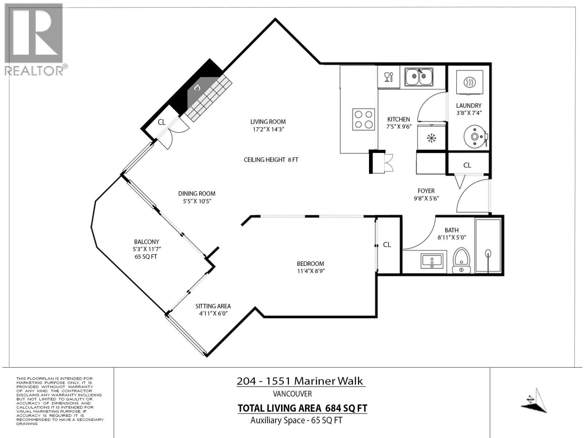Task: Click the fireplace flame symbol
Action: click(197, 88)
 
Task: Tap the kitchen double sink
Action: click(419, 77)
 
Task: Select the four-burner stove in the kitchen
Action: click(364, 119)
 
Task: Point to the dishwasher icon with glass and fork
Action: click(389, 77)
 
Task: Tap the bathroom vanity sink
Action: click(432, 261)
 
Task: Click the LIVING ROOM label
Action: click(268, 122)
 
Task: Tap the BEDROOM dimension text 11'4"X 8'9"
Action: click(311, 271)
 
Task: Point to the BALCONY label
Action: click(146, 242)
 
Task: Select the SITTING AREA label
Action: click(213, 306)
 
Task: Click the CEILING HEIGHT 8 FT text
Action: click(271, 160)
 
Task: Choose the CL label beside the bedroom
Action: click(387, 245)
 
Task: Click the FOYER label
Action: click(426, 191)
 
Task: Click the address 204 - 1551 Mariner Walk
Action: click(300, 381)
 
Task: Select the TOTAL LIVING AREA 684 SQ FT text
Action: click(302, 408)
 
